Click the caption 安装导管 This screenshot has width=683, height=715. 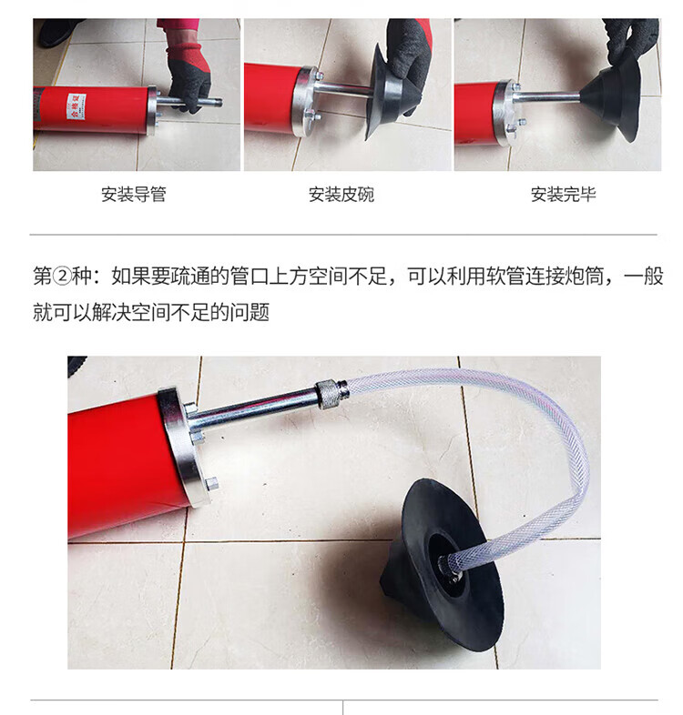[133, 195]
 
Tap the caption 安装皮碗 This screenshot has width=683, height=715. [341, 195]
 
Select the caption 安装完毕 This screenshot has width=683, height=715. [564, 195]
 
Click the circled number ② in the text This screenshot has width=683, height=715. [62, 277]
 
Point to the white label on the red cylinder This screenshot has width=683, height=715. [76, 106]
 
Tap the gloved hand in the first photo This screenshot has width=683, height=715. [189, 80]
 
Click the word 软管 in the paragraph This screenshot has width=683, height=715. [505, 277]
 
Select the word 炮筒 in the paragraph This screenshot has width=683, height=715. [584, 277]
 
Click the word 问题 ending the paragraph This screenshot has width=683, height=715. [250, 312]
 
